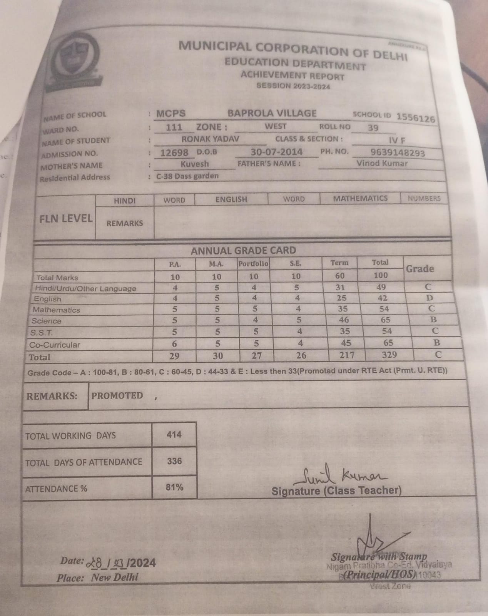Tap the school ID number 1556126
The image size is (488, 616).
[x=416, y=117]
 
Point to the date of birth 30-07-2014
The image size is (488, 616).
[x=276, y=152]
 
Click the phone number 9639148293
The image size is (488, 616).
[x=398, y=153]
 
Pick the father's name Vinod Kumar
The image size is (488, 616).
[x=382, y=163]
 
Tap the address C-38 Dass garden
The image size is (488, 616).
[x=187, y=176]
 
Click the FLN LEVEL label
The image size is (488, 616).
[x=66, y=219]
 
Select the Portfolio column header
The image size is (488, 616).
[x=253, y=264]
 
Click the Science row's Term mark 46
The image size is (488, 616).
[x=344, y=320]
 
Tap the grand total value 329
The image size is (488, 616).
[x=389, y=355]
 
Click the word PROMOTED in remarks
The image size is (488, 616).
[x=117, y=396]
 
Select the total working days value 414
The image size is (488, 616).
[x=174, y=435]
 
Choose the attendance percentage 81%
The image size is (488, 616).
[x=174, y=487]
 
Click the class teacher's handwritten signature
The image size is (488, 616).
[x=338, y=476]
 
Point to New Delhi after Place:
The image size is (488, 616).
[x=114, y=577]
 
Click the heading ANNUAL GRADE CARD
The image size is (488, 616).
[x=243, y=251]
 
